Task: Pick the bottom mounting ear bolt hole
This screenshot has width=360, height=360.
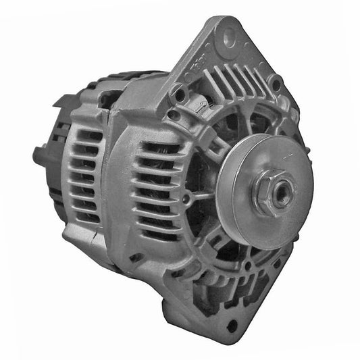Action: (233, 325)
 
